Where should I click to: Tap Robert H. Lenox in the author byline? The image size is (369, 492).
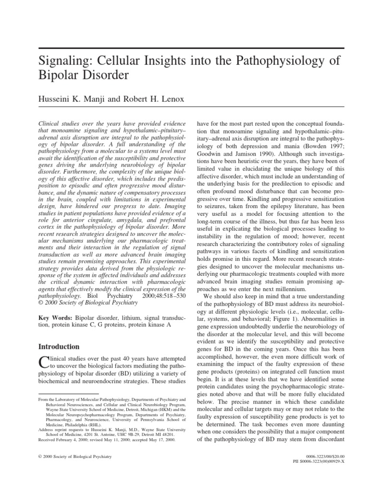point(151,98)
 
